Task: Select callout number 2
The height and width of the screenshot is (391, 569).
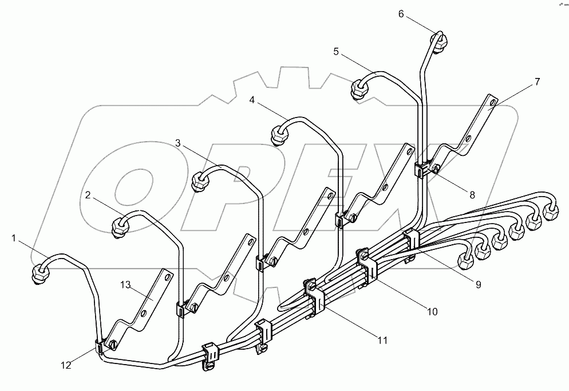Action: click(x=88, y=195)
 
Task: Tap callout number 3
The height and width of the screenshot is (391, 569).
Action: click(x=178, y=143)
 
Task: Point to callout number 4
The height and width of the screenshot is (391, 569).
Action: click(x=252, y=99)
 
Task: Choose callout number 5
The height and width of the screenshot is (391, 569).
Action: click(x=336, y=52)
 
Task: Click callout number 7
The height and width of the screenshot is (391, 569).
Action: click(x=537, y=81)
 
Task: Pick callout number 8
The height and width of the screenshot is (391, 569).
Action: click(x=472, y=194)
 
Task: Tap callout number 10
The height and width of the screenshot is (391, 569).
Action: click(x=432, y=312)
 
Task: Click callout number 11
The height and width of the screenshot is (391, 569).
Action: click(x=382, y=340)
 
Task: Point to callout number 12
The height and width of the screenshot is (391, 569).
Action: click(x=66, y=365)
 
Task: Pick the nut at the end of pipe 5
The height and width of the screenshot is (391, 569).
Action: click(x=359, y=90)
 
